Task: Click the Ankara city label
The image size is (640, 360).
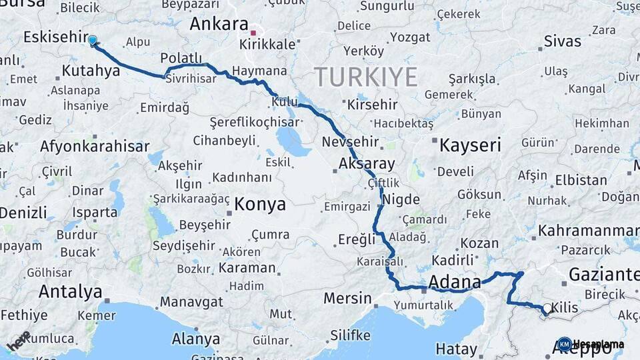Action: coord(219,24)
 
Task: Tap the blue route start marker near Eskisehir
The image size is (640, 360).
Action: coord(92,41)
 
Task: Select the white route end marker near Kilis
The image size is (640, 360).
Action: coord(547,309)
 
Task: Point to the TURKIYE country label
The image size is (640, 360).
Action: coord(366,77)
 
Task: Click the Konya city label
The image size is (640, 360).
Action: coord(260,204)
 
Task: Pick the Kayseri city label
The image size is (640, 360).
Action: coord(469,145)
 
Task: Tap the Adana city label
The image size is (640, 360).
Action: coord(455,282)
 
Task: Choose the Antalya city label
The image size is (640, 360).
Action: coord(70,291)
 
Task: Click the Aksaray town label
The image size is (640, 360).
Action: coord(367,163)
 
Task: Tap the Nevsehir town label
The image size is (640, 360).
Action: coord(350,142)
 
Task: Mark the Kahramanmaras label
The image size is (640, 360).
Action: coord(588,231)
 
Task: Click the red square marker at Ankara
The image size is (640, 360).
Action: coord(253,32)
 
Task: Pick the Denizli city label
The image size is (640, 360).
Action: coord(23,213)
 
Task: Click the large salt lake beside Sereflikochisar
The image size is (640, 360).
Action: coord(291,141)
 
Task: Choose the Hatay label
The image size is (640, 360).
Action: coord(456,349)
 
